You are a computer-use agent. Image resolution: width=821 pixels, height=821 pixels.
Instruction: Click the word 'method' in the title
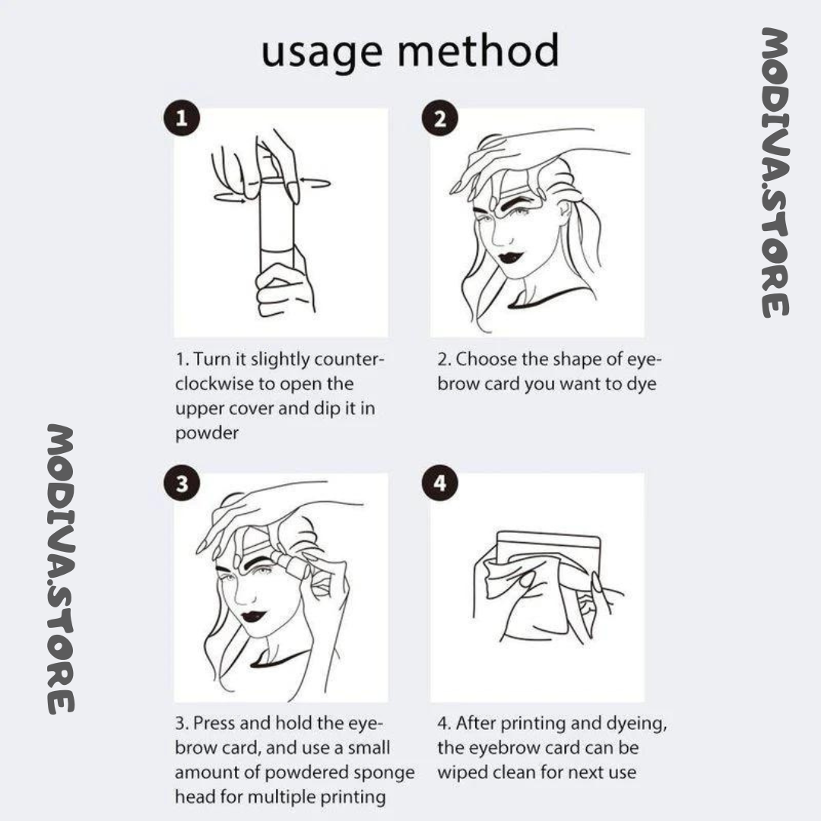click(478, 50)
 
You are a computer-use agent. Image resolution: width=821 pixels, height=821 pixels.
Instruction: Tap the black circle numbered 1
click(181, 119)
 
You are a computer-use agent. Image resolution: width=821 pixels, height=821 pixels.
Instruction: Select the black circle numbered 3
click(181, 485)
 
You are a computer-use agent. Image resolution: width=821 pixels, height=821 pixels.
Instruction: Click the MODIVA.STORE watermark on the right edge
click(775, 172)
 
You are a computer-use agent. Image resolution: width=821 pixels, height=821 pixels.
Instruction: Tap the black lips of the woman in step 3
click(252, 617)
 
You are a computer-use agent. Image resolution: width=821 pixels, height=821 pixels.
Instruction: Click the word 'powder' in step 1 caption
click(207, 433)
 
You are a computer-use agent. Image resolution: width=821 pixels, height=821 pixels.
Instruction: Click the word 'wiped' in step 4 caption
click(465, 772)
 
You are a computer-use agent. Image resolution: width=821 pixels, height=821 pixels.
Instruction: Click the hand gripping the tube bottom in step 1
click(283, 289)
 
